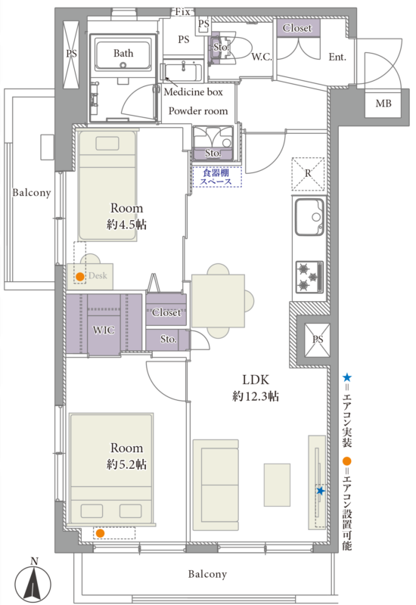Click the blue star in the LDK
point(320,491)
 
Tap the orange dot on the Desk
point(80,277)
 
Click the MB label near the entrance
point(383,104)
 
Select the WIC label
point(104,330)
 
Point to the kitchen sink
point(309,217)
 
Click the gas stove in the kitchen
point(309,277)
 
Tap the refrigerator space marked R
point(308,174)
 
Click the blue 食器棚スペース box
point(217,177)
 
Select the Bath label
point(123,53)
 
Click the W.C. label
point(262,57)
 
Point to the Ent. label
point(337,57)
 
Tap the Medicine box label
point(194,92)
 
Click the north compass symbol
point(33,581)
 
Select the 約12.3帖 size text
point(256,396)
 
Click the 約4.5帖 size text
point(126,225)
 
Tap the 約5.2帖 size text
point(126,464)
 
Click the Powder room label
point(198,111)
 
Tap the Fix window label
point(182,12)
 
